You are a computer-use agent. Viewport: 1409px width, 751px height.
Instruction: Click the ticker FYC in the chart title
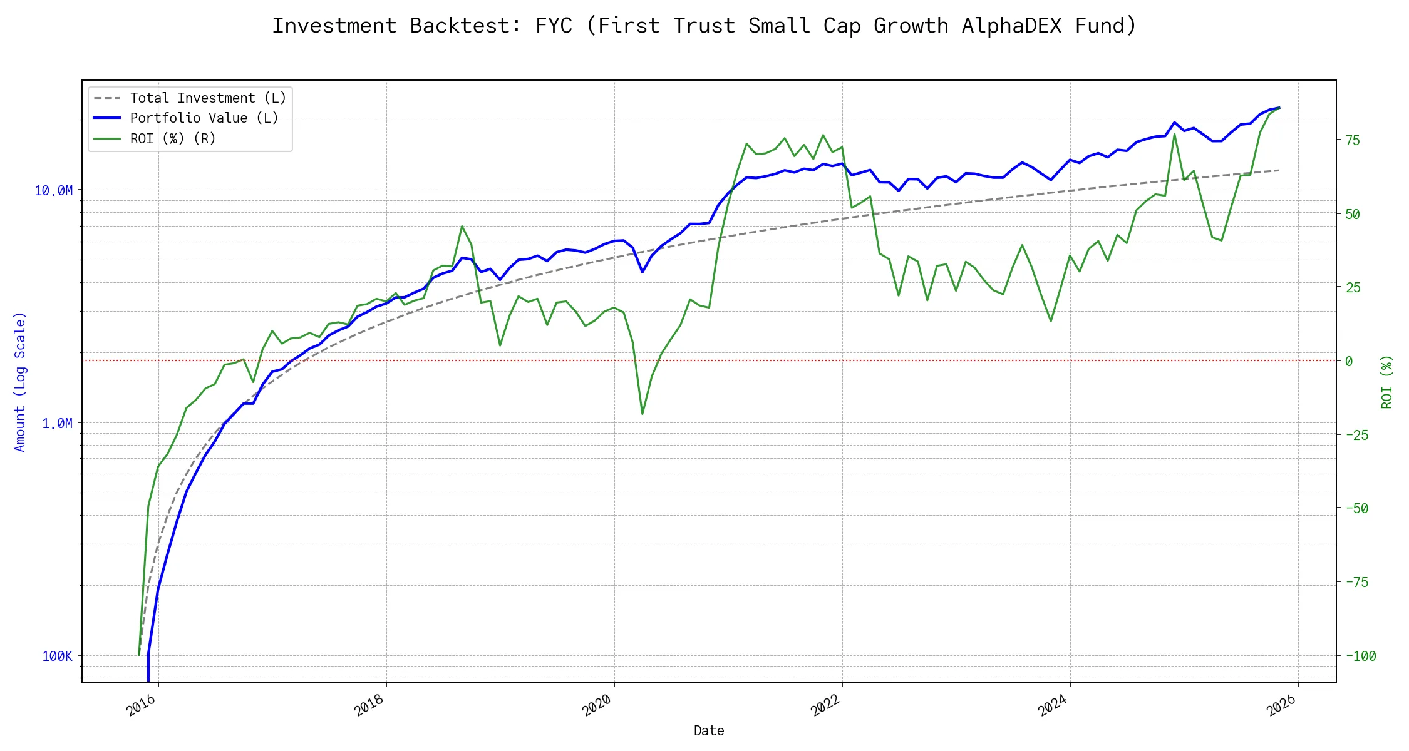[554, 26]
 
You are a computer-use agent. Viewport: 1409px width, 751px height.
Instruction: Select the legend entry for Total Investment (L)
[208, 98]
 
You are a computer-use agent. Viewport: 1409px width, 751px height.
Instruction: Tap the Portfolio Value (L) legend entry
[204, 118]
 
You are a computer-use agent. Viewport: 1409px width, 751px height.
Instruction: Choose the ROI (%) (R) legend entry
[173, 139]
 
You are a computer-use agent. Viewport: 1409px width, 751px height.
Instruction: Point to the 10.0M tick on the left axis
[53, 191]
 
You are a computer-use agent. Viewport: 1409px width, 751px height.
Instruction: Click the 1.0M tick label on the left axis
[57, 424]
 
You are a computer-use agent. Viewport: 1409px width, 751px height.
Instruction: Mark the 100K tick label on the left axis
[57, 656]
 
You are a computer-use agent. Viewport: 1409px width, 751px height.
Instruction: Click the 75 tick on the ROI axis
[1353, 141]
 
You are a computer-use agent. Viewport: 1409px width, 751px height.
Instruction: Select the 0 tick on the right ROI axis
[1349, 361]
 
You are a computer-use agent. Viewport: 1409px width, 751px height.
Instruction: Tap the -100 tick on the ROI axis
[1360, 656]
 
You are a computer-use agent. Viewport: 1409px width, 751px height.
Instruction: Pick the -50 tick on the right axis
[1356, 509]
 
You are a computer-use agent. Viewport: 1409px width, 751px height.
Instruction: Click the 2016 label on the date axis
[141, 705]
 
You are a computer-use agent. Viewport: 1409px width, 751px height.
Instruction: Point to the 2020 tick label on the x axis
[597, 705]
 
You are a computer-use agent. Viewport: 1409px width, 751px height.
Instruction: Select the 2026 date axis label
[1281, 705]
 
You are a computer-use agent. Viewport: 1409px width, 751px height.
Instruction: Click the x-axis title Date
[709, 731]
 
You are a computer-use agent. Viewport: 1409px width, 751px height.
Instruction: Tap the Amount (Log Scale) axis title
[20, 382]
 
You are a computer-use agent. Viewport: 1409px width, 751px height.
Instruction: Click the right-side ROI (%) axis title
[1387, 382]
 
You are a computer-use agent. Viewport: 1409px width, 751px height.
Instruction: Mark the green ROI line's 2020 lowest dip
[643, 414]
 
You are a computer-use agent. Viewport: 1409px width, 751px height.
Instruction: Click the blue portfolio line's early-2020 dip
[643, 272]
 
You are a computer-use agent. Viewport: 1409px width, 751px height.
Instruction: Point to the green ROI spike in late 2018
[462, 227]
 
